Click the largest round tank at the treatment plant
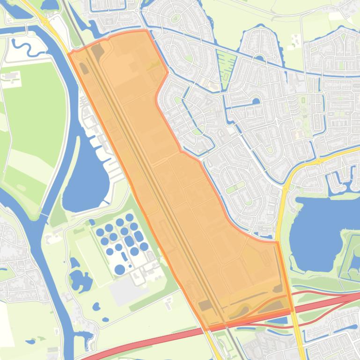pyautogui.click(x=120, y=269)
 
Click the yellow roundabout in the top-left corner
pyautogui.click(x=45, y=21)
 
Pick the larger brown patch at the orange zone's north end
pyautogui.click(x=97, y=50)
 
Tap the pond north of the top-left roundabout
pyautogui.click(x=49, y=5)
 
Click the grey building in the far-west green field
pyautogui.click(x=12, y=75)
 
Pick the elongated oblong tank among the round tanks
pyautogui.click(x=124, y=257)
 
